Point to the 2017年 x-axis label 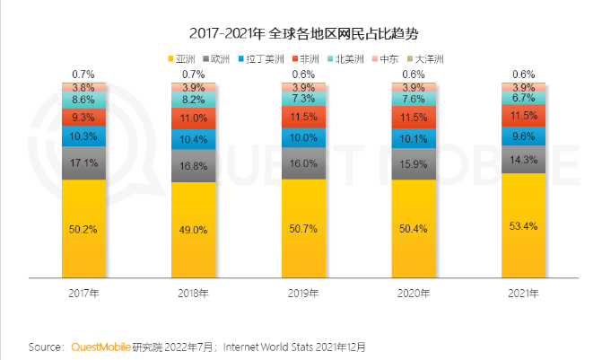coord(84,293)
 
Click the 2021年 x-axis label coord(524,293)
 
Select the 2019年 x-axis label coord(304,293)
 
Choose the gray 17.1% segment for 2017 coord(84,163)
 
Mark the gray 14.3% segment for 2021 coord(524,159)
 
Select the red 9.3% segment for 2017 coord(84,118)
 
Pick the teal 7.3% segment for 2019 coord(304,99)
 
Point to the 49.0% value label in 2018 coord(194,229)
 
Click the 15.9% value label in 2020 coord(414,163)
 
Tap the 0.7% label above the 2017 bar coord(84,74)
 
